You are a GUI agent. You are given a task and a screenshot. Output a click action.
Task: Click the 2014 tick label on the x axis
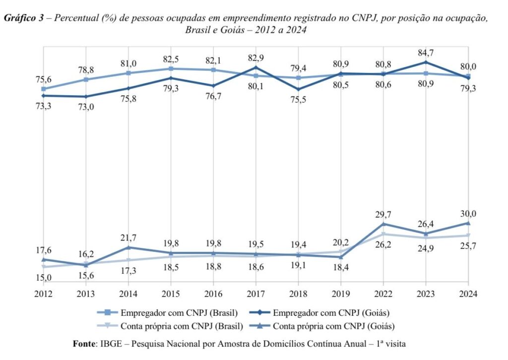[128, 294]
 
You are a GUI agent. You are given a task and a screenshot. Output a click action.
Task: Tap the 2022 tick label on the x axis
[382, 294]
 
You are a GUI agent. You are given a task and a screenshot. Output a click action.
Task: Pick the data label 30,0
[468, 214]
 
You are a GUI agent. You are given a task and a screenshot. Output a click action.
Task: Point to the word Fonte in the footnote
[86, 343]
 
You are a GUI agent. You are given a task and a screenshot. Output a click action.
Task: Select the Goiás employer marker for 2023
[425, 62]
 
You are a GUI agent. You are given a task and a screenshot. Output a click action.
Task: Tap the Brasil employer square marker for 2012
[44, 89]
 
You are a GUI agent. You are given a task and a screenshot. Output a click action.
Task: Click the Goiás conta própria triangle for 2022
[382, 224]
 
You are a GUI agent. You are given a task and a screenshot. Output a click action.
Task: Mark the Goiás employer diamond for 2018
[298, 90]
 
